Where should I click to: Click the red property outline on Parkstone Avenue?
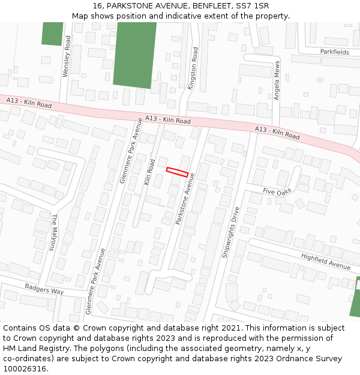tap(177, 172)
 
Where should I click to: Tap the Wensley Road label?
tap(67, 56)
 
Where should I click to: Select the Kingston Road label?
tap(193, 69)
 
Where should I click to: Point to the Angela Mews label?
tap(277, 80)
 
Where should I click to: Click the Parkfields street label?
tap(334, 52)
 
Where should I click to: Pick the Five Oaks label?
tap(277, 191)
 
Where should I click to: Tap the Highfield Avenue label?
tap(326, 261)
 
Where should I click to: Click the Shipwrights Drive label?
tap(231, 232)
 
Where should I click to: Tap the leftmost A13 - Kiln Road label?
tap(29, 103)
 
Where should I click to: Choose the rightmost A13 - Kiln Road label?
tap(277, 133)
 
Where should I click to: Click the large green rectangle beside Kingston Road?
tap(135, 55)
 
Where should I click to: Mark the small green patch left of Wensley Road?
tap(52, 33)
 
